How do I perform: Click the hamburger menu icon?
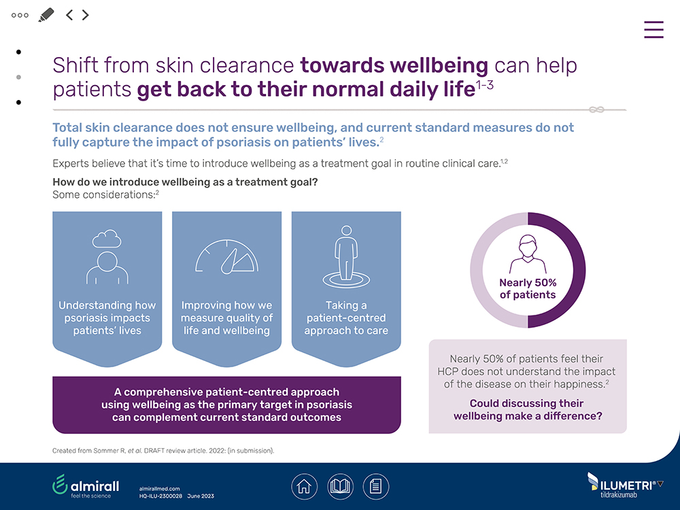coord(653,29)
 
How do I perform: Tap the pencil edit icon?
coord(46,14)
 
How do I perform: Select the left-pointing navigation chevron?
coord(69,14)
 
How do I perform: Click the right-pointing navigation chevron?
coord(86,14)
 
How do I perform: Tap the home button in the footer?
coord(304,486)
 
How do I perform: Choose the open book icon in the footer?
coord(340,486)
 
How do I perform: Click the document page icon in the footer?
coord(375,486)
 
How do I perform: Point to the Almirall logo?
coord(86,486)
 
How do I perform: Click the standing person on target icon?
coord(346,258)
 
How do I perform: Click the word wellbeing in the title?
coord(438,65)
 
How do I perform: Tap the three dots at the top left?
coord(20,14)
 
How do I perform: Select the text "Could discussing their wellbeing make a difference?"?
coord(528,409)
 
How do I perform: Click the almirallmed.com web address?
coord(159,489)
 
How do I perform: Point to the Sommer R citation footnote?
coord(163,451)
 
